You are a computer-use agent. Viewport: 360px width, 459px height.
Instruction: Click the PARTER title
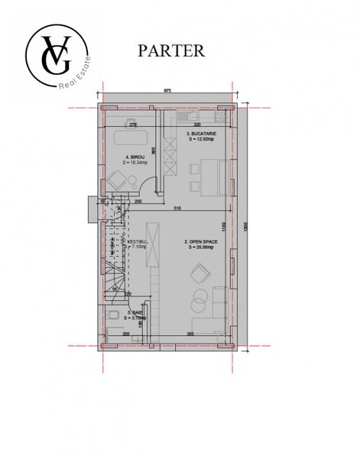[170, 50]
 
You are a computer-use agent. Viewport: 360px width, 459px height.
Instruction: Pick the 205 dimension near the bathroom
[125, 334]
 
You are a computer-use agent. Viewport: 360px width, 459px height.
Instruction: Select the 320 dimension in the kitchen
[196, 125]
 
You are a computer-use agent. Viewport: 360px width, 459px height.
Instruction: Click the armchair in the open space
[200, 272]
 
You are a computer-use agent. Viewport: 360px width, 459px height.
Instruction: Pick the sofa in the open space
[219, 306]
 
